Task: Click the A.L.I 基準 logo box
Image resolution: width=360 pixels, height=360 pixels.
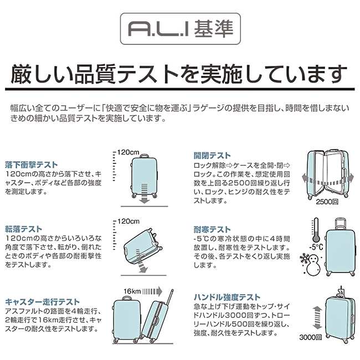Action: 181,29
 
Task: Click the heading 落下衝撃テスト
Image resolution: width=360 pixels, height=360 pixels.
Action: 31,165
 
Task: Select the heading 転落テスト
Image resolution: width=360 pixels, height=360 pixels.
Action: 24,229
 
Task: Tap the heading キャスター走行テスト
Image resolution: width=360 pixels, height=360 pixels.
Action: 42,302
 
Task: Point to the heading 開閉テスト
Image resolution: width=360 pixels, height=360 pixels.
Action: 212,156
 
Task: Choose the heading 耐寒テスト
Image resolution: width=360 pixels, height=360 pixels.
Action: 212,229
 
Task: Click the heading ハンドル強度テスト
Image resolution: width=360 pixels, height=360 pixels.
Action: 227,297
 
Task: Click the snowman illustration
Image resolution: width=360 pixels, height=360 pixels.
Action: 313,266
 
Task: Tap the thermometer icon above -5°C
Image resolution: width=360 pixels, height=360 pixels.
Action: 316,230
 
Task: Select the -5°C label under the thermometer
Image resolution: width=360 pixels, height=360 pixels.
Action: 316,247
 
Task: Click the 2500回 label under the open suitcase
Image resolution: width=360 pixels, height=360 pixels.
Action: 327,202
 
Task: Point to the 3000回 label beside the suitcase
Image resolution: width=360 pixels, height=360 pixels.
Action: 310,337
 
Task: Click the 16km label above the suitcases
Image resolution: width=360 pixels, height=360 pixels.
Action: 132,291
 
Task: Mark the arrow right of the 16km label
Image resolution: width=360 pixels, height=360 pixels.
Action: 152,291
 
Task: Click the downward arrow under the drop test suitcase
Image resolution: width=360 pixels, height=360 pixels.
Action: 145,193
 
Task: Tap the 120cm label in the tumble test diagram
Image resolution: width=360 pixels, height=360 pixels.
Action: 128,222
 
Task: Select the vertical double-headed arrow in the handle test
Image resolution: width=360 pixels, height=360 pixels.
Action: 317,318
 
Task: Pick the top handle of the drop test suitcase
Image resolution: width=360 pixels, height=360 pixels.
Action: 144,156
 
